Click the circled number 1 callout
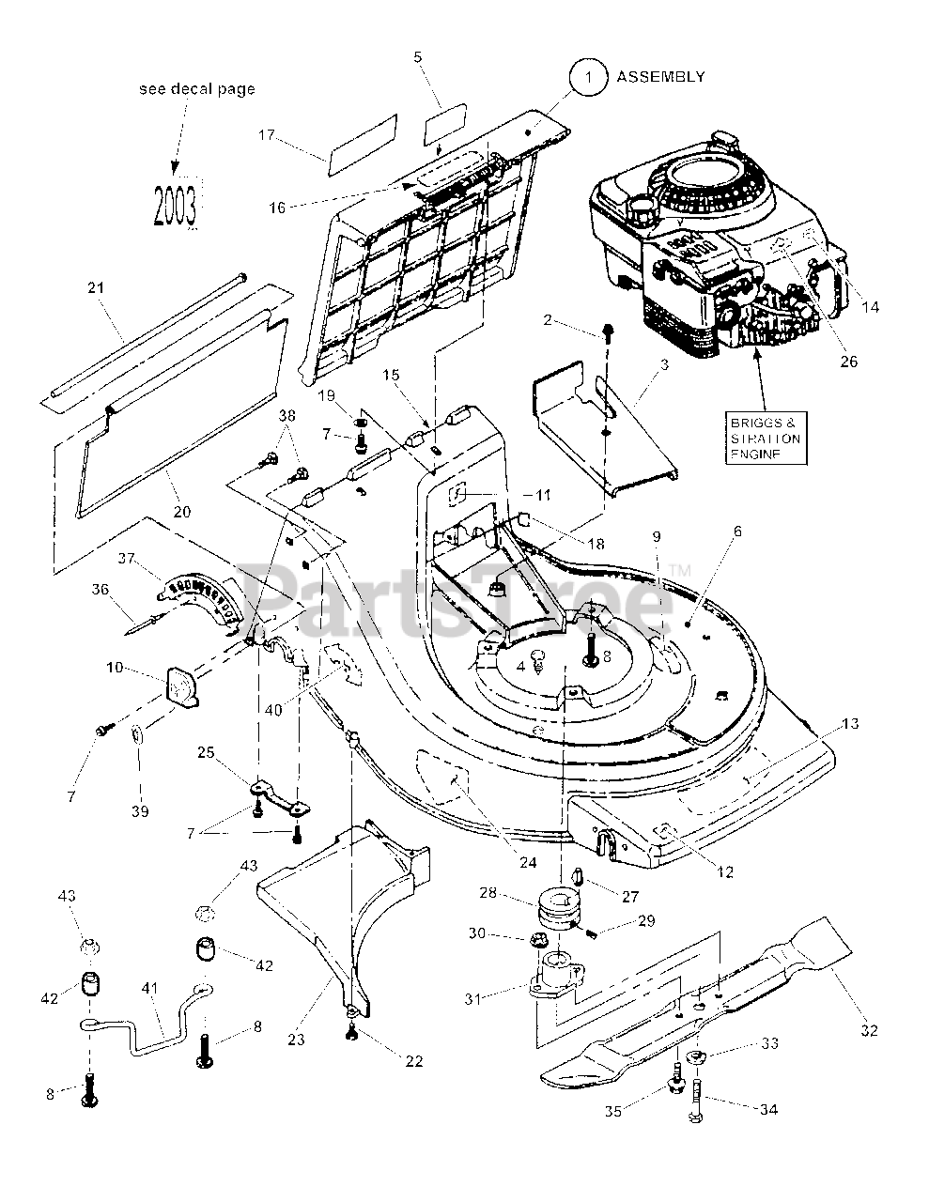click(589, 79)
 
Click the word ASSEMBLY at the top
click(660, 77)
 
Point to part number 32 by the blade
click(868, 1029)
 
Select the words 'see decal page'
click(196, 89)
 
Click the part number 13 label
click(850, 723)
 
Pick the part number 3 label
click(665, 363)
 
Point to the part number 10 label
click(115, 668)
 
